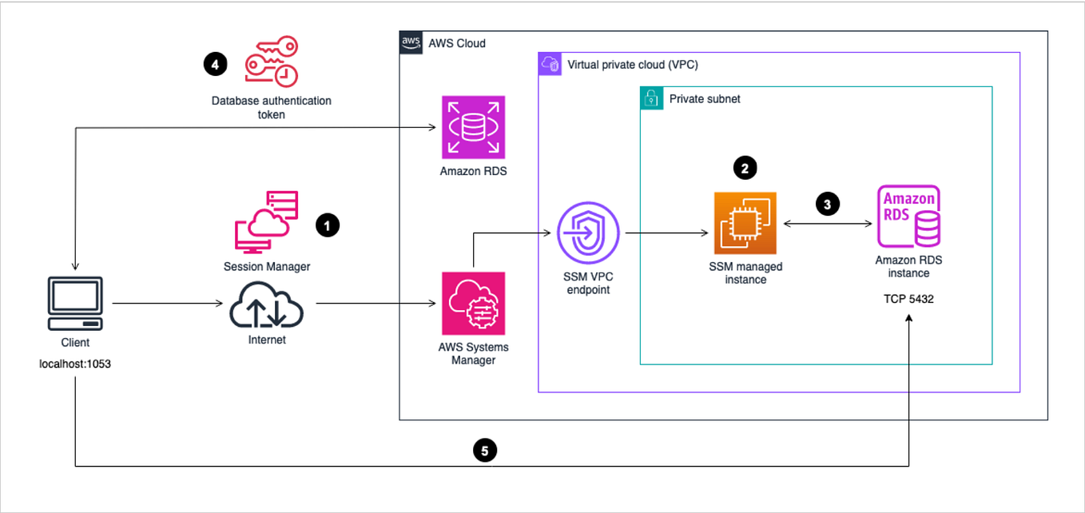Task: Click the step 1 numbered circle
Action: click(328, 226)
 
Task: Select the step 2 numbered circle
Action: click(745, 167)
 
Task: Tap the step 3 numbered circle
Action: click(827, 205)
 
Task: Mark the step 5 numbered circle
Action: click(484, 451)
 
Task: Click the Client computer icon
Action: click(75, 304)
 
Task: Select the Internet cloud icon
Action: click(266, 304)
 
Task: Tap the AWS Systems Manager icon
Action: click(473, 304)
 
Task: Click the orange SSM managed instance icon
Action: click(745, 224)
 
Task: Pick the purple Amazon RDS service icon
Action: click(473, 128)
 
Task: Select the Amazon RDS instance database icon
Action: click(908, 216)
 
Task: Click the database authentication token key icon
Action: click(272, 61)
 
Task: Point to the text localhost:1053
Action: click(74, 364)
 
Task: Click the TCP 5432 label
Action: click(908, 300)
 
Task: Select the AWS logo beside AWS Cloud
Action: click(411, 42)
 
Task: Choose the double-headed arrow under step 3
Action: click(827, 225)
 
